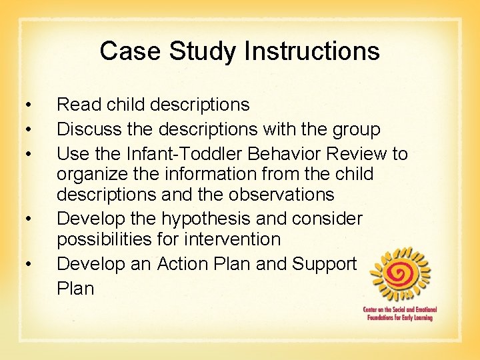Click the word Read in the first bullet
[x=79, y=105]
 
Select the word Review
[x=357, y=154]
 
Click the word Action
[x=186, y=264]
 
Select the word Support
[x=325, y=264]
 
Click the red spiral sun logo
[x=400, y=273]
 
